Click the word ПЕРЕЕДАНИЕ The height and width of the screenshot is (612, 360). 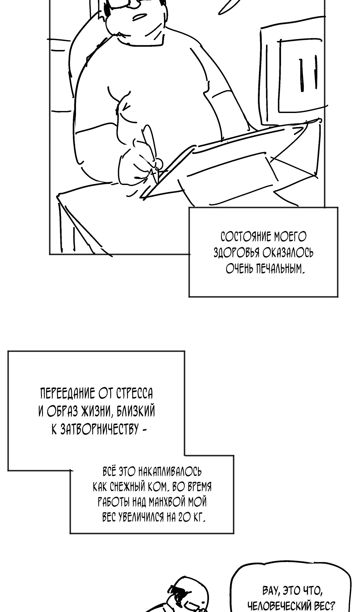[x=68, y=394]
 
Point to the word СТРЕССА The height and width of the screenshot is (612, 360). [x=135, y=394]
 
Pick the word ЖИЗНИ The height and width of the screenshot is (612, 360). [x=97, y=412]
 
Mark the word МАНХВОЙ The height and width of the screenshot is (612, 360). [x=166, y=502]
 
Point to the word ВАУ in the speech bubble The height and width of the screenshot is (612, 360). [x=271, y=591]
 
